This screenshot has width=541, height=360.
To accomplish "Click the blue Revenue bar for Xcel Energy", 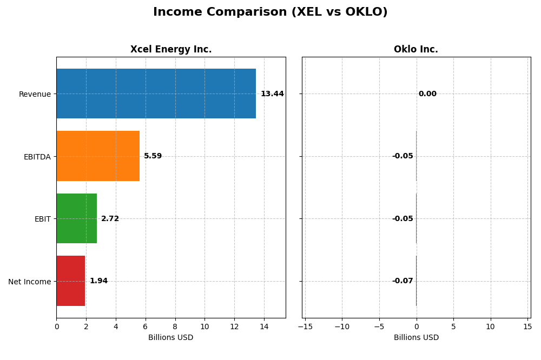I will [x=156, y=94].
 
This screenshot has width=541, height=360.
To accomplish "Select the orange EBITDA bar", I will [x=98, y=156].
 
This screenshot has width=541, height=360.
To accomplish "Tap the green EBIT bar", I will [x=76, y=218].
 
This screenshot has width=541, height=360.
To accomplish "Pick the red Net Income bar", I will [x=70, y=281].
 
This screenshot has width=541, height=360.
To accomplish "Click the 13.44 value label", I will [x=272, y=94].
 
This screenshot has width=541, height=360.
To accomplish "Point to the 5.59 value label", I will [x=153, y=156].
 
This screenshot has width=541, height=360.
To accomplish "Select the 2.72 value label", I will [x=110, y=219].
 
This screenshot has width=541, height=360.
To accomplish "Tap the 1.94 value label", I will [x=98, y=281].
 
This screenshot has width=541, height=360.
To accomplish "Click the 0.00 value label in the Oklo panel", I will [x=427, y=94].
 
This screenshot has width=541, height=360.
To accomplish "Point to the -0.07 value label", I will [x=403, y=281].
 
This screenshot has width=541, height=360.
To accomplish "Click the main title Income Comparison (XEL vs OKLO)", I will [x=270, y=12].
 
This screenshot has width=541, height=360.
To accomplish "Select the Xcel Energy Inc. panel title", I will [x=171, y=50].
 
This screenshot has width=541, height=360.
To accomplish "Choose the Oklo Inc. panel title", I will [x=415, y=50].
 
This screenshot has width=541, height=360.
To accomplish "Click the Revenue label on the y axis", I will [x=35, y=94].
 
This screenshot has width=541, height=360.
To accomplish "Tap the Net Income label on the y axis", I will [x=29, y=281].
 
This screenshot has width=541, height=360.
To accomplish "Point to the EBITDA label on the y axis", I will [x=37, y=157].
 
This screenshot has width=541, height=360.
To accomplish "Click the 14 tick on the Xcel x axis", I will [x=264, y=326].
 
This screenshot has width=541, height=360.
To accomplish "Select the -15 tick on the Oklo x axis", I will [x=305, y=326].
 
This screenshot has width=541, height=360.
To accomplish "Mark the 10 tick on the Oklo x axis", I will [x=490, y=326].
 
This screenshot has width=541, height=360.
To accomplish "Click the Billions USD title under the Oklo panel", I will [x=416, y=338].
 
